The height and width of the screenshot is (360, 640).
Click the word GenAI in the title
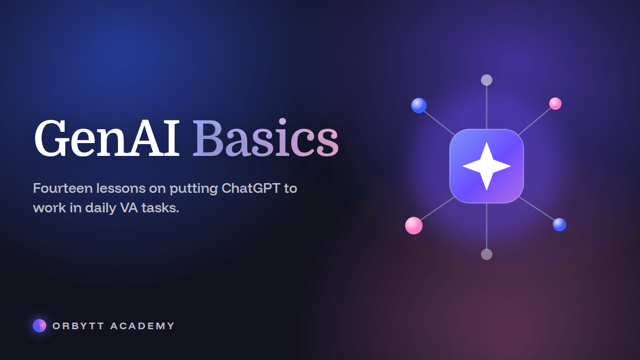coord(107,138)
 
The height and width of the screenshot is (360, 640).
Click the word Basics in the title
coord(266,137)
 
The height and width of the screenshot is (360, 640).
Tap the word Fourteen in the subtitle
coord(63,188)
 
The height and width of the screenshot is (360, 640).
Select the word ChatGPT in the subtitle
coord(251,188)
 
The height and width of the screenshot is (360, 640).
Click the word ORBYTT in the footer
coord(78,326)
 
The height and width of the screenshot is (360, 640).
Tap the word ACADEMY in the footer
coord(142,326)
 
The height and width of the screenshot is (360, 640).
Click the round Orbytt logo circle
coord(39,326)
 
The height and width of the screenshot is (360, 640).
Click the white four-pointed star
coord(487,166)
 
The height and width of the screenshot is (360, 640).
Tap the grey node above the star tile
coord(487,80)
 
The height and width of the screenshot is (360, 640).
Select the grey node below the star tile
coord(487,254)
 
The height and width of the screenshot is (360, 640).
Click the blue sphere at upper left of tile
coord(419,106)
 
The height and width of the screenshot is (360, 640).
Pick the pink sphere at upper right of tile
coord(555,104)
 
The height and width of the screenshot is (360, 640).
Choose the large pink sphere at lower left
coord(414,226)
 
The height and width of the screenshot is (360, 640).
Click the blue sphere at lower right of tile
coord(559,225)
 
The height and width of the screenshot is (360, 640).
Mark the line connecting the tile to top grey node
coord(487,107)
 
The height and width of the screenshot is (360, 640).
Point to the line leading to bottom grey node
coord(487,226)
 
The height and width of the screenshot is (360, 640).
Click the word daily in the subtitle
coord(101,208)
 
